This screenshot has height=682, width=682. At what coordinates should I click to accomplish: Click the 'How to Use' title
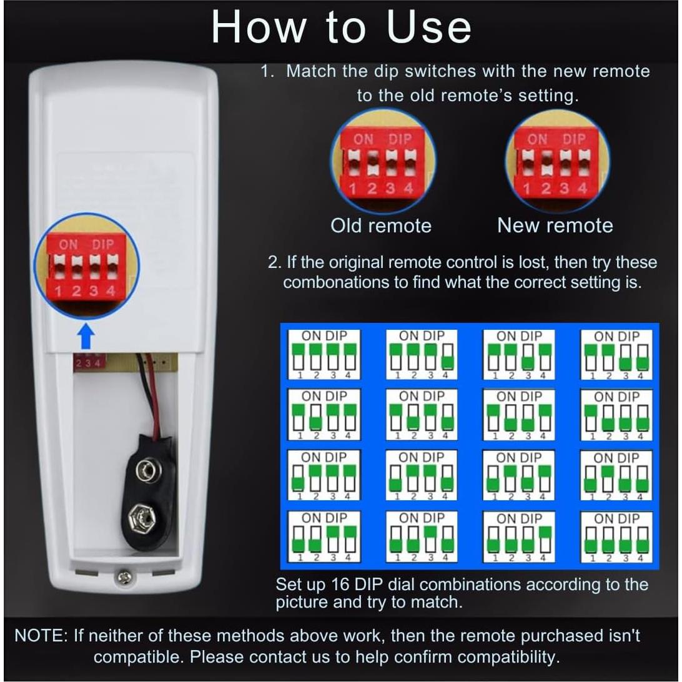(341, 28)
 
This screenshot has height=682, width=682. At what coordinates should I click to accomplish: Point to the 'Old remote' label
(381, 225)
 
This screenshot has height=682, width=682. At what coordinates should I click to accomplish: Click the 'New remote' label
(555, 225)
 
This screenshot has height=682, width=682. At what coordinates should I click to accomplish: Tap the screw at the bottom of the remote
(124, 578)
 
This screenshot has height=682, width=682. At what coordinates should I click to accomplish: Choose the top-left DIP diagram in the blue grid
(324, 354)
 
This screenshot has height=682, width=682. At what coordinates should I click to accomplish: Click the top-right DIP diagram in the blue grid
(616, 354)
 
